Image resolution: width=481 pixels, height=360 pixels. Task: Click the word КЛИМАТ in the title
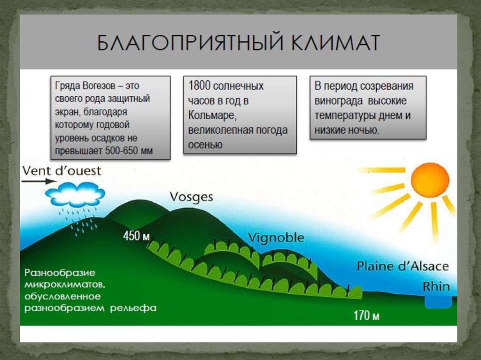[x=335, y=42]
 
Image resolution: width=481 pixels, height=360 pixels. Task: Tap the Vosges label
[x=192, y=197]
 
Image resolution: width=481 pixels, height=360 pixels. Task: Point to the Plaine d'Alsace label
[x=403, y=266]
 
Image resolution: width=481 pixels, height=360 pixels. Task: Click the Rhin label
[x=436, y=287]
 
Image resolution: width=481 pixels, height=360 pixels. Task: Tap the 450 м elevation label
[x=136, y=236]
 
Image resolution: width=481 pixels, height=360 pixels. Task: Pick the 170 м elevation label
[x=366, y=315]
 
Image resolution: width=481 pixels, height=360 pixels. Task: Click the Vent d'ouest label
[x=62, y=171]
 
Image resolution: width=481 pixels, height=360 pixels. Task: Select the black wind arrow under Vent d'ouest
[x=39, y=181]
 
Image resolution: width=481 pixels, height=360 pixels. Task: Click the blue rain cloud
[x=75, y=194]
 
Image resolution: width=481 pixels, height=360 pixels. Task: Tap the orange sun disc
[x=430, y=180]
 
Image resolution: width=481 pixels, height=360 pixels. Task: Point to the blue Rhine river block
[x=438, y=301]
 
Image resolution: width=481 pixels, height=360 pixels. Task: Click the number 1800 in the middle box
[x=199, y=86]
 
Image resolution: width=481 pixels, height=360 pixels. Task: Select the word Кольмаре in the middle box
[x=212, y=115]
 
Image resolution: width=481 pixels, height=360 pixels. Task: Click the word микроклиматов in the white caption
[x=65, y=284]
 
